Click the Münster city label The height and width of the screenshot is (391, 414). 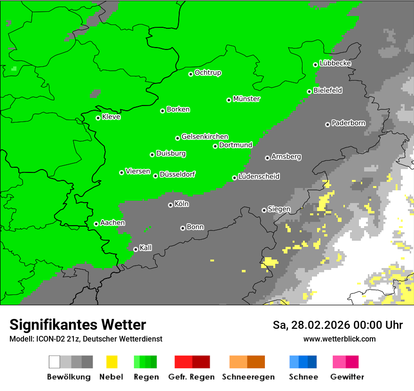pyautogui.click(x=247, y=99)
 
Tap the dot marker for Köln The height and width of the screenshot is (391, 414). pyautogui.click(x=170, y=205)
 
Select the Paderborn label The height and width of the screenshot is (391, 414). pyautogui.click(x=349, y=123)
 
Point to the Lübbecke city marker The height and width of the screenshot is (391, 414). pyautogui.click(x=316, y=65)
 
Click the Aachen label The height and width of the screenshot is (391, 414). pyautogui.click(x=112, y=222)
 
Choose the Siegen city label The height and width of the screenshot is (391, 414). pyautogui.click(x=279, y=209)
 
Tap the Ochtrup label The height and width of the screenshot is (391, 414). pyautogui.click(x=208, y=73)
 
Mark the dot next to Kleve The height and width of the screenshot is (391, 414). pyautogui.click(x=98, y=118)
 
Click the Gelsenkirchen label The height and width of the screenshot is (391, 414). pyautogui.click(x=205, y=137)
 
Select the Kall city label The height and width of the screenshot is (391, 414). pyautogui.click(x=146, y=248)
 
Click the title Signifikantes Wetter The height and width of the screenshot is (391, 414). pyautogui.click(x=78, y=325)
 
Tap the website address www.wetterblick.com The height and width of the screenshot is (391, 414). pyautogui.click(x=339, y=339)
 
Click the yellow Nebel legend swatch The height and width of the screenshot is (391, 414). pyautogui.click(x=112, y=362)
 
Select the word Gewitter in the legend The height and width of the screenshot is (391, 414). pyautogui.click(x=347, y=377)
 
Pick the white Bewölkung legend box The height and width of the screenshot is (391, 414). pyautogui.click(x=55, y=362)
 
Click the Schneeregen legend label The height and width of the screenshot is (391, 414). pyautogui.click(x=248, y=377)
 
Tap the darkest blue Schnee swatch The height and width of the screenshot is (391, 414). pyautogui.click(x=312, y=362)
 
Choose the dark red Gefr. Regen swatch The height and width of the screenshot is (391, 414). pyautogui.click(x=201, y=362)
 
